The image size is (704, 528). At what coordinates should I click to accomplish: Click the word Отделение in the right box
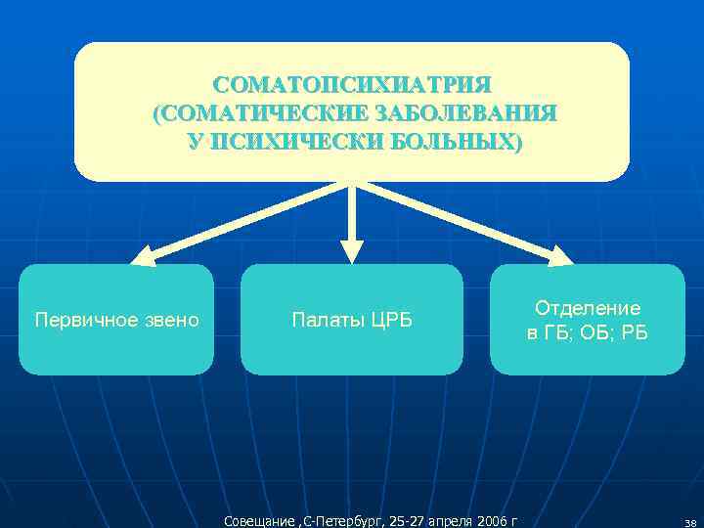point(587,308)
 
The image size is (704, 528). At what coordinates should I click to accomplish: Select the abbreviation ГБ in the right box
point(552,333)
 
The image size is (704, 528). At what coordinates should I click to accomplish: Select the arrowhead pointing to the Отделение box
point(561,257)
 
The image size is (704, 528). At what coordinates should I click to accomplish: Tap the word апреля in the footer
point(441,519)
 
